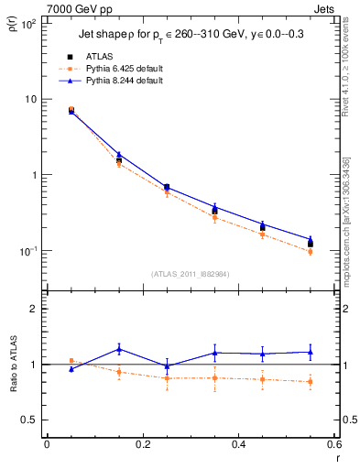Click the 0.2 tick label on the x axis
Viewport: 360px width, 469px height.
[x=142, y=445]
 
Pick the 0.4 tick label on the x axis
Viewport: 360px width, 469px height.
[x=238, y=445]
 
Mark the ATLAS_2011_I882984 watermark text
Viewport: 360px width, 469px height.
[x=190, y=274]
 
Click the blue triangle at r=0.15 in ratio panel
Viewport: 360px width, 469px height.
[x=119, y=349]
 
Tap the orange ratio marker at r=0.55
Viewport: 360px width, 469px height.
[x=311, y=382]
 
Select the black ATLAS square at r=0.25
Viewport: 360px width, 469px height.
[x=167, y=187]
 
